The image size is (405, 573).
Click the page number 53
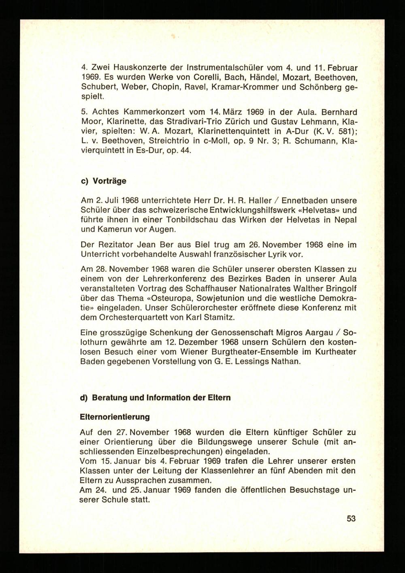(351, 518)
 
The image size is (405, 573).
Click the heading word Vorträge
(109, 181)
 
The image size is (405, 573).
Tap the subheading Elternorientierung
(115, 417)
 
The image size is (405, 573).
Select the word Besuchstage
(312, 490)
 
